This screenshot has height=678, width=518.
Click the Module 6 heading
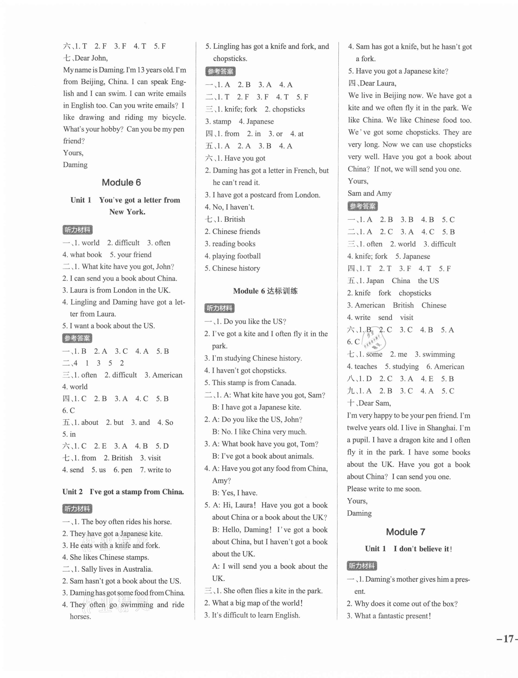coord(121,183)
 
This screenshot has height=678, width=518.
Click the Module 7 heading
coord(405,532)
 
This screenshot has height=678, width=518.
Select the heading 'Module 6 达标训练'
coord(265,291)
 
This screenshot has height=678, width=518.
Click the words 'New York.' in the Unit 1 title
coord(127,212)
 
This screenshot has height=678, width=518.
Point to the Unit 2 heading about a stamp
coord(123,492)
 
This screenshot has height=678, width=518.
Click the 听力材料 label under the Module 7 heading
coord(362,566)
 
